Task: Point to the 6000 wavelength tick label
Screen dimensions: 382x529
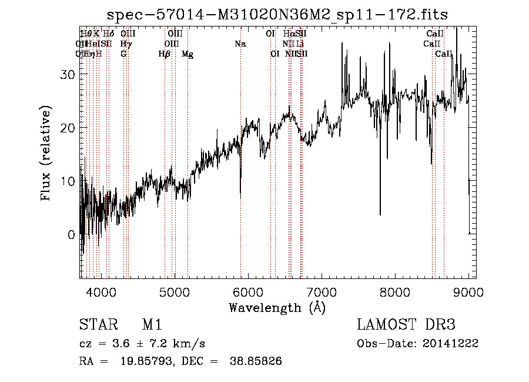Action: [248, 291]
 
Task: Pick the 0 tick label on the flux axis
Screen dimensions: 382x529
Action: [71, 234]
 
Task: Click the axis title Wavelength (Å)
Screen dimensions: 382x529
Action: [277, 307]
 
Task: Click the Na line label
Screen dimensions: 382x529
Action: [240, 44]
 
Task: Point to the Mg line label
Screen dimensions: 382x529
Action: [188, 54]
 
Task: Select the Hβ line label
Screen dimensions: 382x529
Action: [165, 54]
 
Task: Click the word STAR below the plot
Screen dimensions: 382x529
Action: [96, 325]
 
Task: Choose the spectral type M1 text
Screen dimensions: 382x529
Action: [152, 325]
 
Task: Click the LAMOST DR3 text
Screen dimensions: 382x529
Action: [406, 325]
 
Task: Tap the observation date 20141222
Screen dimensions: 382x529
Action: [450, 343]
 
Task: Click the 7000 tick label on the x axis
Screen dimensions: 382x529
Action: [322, 291]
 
